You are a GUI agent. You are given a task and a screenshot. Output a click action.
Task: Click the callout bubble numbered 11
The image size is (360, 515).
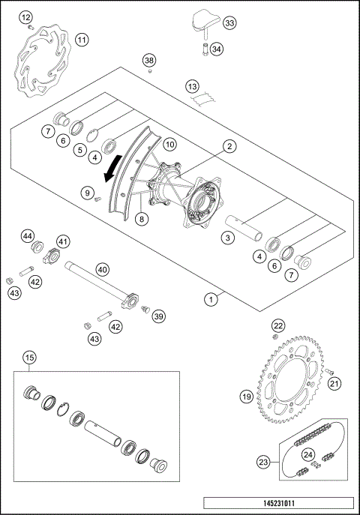tap(82, 39)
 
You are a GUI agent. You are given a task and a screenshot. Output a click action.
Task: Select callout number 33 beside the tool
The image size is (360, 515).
tap(229, 24)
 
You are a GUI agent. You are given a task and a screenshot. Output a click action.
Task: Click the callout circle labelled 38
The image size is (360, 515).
tap(149, 59)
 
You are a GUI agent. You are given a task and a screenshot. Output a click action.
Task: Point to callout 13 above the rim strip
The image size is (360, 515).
tap(192, 86)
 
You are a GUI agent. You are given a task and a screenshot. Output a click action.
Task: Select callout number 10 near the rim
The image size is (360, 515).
tap(169, 143)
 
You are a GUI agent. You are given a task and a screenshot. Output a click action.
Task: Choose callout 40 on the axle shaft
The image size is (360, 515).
tap(103, 268)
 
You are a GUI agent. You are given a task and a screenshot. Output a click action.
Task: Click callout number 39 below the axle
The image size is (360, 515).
tap(159, 316)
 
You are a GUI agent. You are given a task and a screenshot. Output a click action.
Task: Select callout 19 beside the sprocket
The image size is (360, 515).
tap(245, 396)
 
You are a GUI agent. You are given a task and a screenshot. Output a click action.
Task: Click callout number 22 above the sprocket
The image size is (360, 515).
tap(277, 325)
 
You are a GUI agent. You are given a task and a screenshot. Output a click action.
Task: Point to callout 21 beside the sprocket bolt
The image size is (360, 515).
tap(335, 384)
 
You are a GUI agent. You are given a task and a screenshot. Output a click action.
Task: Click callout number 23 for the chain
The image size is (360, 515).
tap(262, 463)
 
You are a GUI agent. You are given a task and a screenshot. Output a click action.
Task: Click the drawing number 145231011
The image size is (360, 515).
tap(277, 505)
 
